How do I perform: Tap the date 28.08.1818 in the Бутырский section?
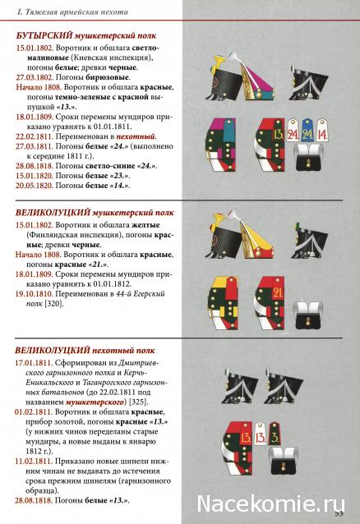click(33, 165)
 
